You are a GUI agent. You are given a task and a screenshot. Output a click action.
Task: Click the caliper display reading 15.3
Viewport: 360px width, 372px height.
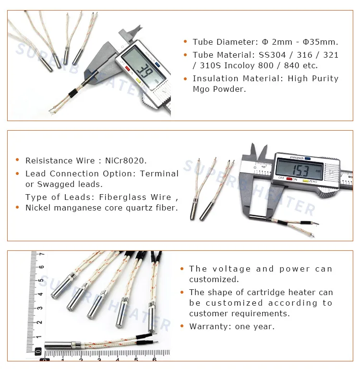[x=300, y=169]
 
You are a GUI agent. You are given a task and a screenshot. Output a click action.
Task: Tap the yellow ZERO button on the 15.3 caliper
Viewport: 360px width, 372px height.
[x=306, y=181]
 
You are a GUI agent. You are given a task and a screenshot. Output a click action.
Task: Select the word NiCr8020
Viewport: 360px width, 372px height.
[x=126, y=161]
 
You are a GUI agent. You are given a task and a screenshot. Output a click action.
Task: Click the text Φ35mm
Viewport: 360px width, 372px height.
[x=320, y=42]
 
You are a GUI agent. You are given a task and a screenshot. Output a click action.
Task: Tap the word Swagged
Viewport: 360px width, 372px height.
[x=56, y=185]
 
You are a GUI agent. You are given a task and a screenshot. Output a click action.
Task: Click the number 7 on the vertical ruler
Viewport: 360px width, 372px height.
[x=42, y=254]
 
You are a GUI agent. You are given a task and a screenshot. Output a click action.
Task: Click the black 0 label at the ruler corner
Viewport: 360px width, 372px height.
[x=38, y=351]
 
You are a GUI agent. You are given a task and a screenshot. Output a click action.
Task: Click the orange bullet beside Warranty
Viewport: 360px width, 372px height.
[x=182, y=326]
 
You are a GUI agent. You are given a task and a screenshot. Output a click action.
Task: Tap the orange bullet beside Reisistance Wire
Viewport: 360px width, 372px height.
[x=17, y=160]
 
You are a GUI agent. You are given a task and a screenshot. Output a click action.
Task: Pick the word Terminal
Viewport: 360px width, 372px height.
[x=159, y=174]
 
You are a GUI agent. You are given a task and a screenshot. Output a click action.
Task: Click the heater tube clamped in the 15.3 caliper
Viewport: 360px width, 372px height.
[x=258, y=216]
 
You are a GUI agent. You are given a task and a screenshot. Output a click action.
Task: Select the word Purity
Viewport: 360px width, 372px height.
[x=325, y=79]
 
